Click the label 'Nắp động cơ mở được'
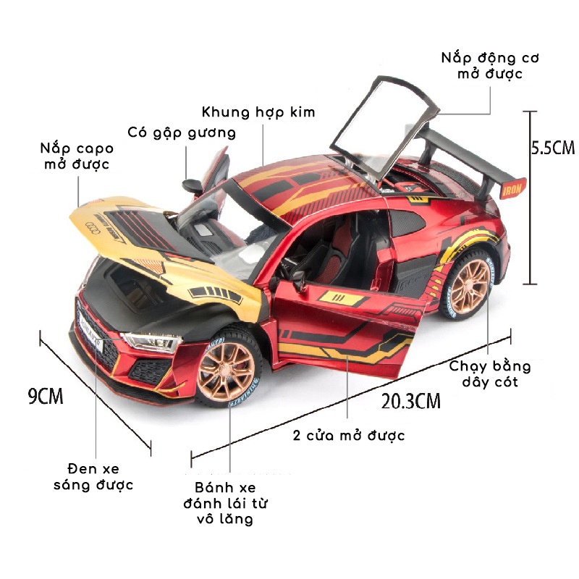point(490,65)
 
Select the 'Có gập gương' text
point(182,132)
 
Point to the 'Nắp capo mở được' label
point(76,156)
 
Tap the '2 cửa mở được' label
point(349,435)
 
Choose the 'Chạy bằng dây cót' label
point(490,373)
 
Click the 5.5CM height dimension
point(552,148)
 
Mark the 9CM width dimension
point(45,396)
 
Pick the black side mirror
point(193,184)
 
